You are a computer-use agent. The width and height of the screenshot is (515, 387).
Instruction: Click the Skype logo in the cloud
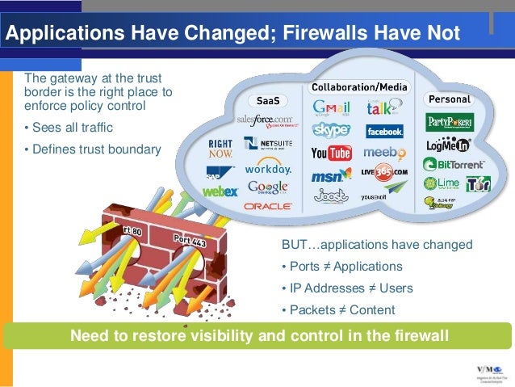click(331, 129)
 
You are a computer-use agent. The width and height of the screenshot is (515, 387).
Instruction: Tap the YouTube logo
click(331, 153)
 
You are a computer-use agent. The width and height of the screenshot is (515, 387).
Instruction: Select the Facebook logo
click(384, 131)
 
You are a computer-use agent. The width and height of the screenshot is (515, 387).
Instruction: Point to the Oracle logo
click(268, 206)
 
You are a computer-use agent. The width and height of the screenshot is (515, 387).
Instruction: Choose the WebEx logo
click(220, 192)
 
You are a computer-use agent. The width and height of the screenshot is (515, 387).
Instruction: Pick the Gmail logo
click(331, 107)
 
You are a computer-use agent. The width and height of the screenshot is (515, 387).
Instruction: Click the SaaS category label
click(268, 102)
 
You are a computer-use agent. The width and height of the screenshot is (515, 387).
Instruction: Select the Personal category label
click(449, 99)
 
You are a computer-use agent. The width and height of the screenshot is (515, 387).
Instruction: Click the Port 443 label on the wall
click(191, 241)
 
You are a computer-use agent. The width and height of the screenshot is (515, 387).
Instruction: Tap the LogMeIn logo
click(448, 145)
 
